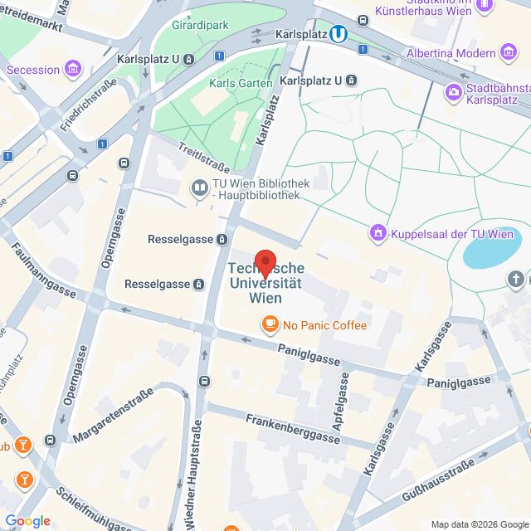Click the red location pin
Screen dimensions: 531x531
(x=265, y=262)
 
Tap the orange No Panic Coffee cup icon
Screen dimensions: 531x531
(x=270, y=325)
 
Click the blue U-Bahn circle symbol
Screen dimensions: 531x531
(x=338, y=34)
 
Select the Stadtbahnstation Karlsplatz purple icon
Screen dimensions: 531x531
(x=454, y=90)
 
